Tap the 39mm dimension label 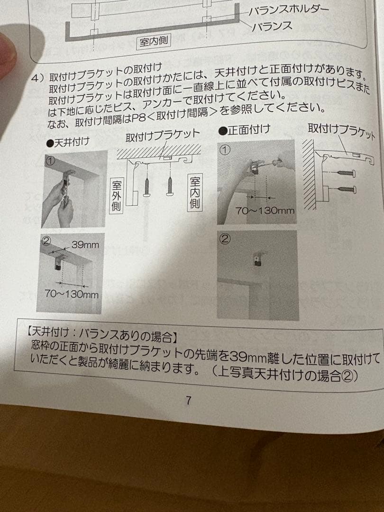click(x=85, y=245)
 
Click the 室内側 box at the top click(x=154, y=42)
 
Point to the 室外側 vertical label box click(x=116, y=195)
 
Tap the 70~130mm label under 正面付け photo click(x=265, y=211)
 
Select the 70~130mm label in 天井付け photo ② click(x=72, y=294)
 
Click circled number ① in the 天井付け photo click(x=50, y=160)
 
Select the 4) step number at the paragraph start click(x=37, y=77)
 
